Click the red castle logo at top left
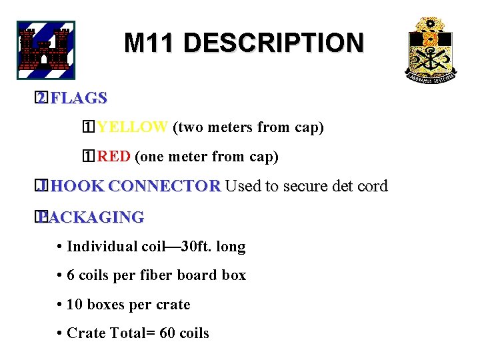pos(45,51)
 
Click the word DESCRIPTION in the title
pos(273,43)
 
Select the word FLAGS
pos(79,98)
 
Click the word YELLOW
pos(132,127)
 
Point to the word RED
pos(113,157)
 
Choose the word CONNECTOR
pos(169,186)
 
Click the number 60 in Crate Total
pos(168,333)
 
